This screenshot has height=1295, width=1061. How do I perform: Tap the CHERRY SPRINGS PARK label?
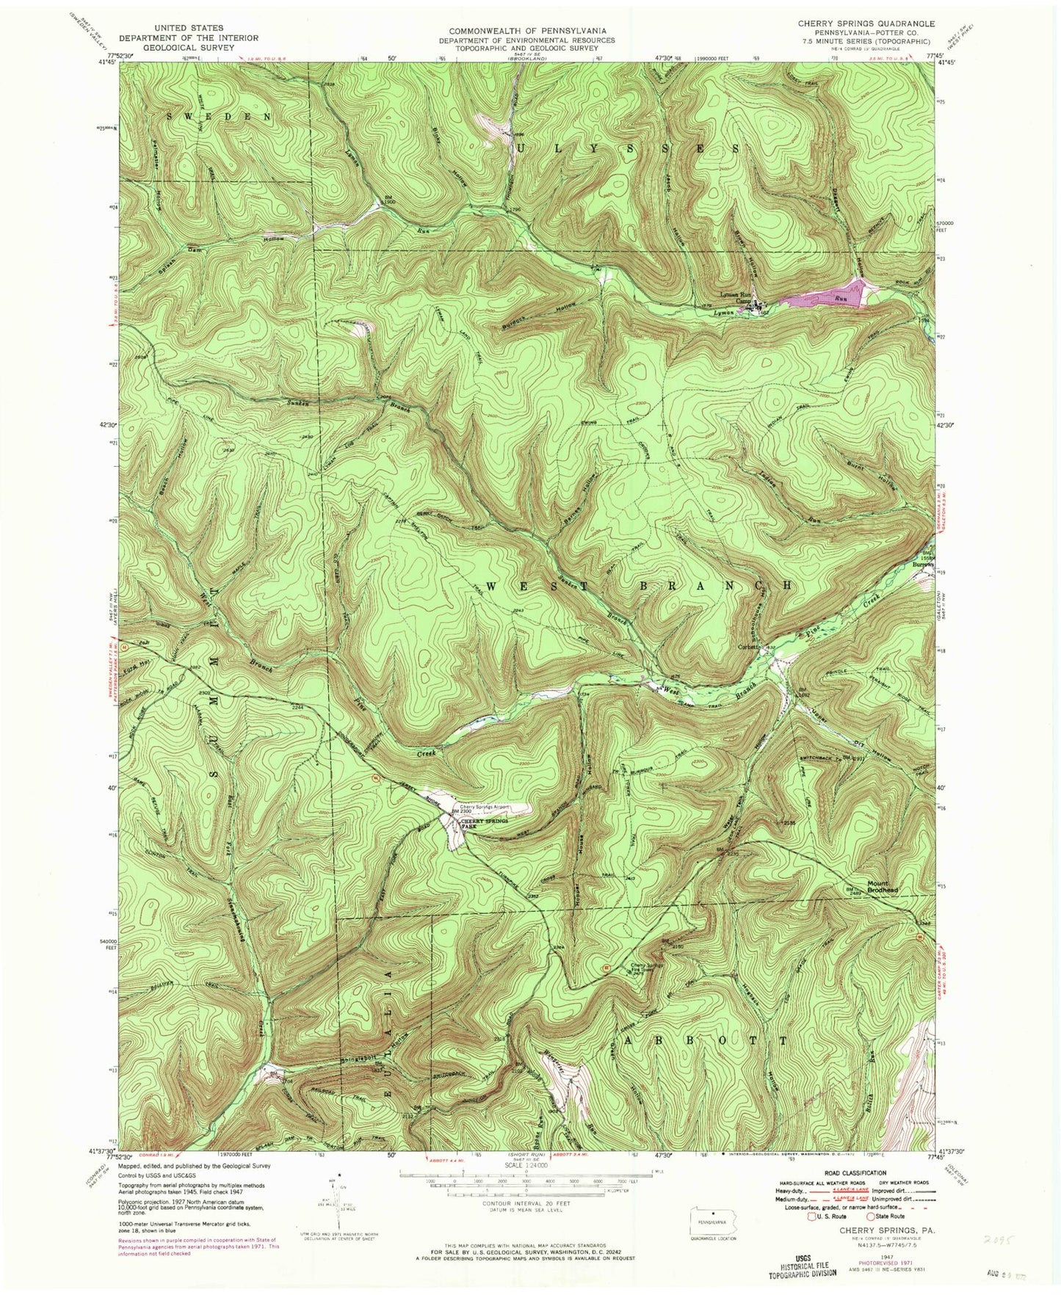[x=485, y=822]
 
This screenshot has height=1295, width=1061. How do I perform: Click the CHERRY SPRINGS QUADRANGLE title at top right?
[x=866, y=24]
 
